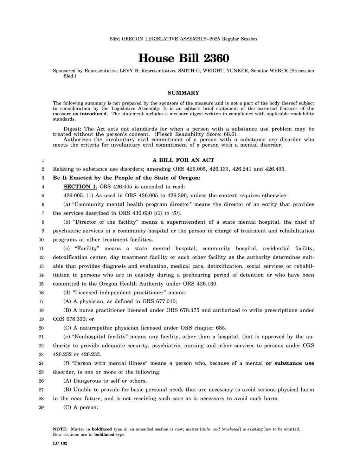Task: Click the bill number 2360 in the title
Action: coord(214,58)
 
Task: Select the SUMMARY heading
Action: coord(183,93)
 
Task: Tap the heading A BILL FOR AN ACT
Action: coord(183,160)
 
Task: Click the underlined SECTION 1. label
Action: coord(80,186)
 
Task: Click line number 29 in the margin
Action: coord(41,407)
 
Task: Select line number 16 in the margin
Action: coord(41,293)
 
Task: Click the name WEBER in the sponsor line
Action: coord(278,71)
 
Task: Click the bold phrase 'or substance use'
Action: coord(290,363)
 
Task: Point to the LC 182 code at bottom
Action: coord(60,443)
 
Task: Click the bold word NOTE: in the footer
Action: coord(60,429)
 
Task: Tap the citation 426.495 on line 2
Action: coord(275,169)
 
